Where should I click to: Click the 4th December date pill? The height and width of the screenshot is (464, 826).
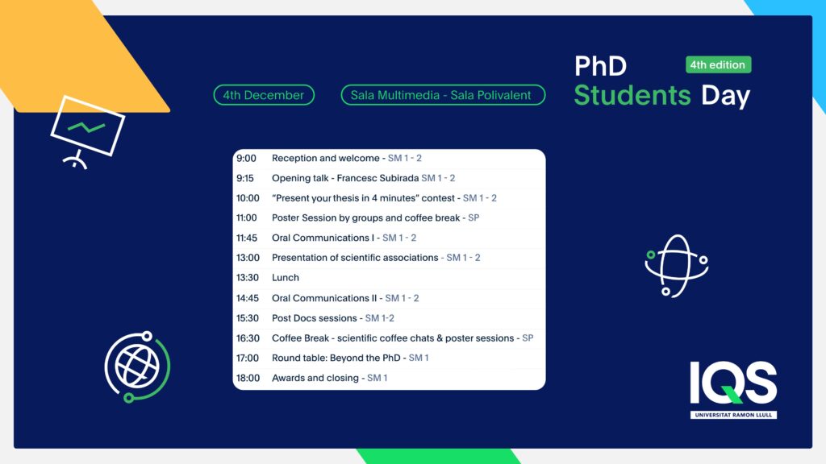pos(264,95)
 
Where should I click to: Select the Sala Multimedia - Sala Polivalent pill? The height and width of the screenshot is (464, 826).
pos(443,95)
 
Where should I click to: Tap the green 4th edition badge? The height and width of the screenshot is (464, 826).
pos(718,64)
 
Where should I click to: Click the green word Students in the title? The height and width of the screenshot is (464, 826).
pos(632,95)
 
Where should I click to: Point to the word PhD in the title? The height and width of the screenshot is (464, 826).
pos(600,66)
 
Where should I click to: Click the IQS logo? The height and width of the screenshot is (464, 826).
pos(733,390)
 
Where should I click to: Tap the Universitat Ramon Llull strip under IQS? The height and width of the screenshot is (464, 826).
pos(733,415)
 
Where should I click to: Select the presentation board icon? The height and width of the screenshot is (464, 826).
pos(87,131)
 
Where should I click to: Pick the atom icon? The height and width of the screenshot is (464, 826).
pos(677,266)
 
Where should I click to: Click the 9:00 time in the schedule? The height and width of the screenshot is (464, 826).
pos(246,159)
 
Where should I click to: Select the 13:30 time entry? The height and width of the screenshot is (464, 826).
pos(248,278)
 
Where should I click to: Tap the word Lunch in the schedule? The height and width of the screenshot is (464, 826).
pos(286,278)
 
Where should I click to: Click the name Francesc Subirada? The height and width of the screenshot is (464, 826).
pos(378,178)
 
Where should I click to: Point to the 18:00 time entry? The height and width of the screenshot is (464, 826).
pos(248,379)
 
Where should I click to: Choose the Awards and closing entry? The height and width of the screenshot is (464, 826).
pos(315,379)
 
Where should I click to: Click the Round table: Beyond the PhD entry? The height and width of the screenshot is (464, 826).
pos(336,358)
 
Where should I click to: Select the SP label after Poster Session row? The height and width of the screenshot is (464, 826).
pos(473,217)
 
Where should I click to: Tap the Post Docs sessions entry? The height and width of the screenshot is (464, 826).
pos(315,318)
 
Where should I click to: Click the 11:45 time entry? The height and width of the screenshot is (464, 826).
pos(247,238)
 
